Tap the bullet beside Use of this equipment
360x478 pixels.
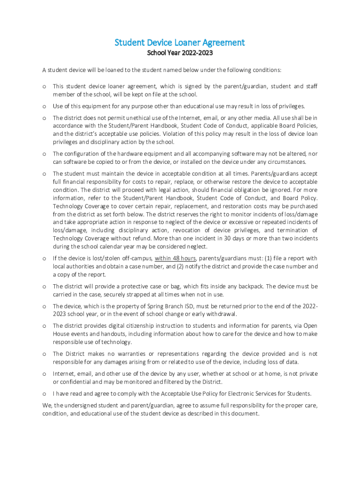coord(44,106)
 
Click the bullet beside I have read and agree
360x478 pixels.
coord(44,394)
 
